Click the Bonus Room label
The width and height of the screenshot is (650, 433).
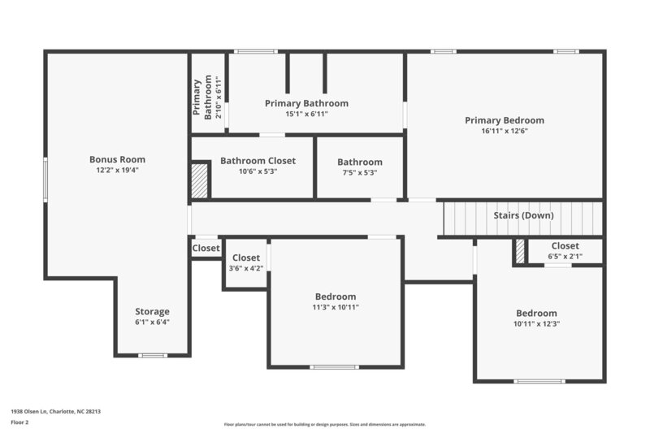[x=117, y=159]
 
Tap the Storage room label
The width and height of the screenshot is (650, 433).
[x=152, y=311]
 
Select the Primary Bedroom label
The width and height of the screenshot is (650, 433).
[x=505, y=120]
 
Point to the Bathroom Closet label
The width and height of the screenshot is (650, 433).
[x=258, y=161]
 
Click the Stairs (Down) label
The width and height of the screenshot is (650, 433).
[x=523, y=215]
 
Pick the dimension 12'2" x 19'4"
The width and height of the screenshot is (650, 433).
[x=117, y=171]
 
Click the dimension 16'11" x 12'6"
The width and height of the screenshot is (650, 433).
[x=505, y=131]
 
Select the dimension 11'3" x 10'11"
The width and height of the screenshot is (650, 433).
[x=336, y=307]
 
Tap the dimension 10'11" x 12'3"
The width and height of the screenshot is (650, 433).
[x=536, y=323]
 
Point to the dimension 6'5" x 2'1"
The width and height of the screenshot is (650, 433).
[x=565, y=256]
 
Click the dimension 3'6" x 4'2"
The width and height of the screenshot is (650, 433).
[x=245, y=268]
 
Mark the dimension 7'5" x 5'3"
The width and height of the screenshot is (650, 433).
[x=360, y=172]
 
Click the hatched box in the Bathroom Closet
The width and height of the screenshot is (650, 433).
[x=200, y=180]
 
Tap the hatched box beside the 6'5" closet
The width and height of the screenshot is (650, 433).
[x=520, y=251]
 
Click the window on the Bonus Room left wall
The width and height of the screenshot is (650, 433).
[x=45, y=180]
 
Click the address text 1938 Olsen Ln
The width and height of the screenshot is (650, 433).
[x=55, y=411]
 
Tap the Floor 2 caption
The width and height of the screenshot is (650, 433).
[x=19, y=423]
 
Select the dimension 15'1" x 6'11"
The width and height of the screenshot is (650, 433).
[x=306, y=114]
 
